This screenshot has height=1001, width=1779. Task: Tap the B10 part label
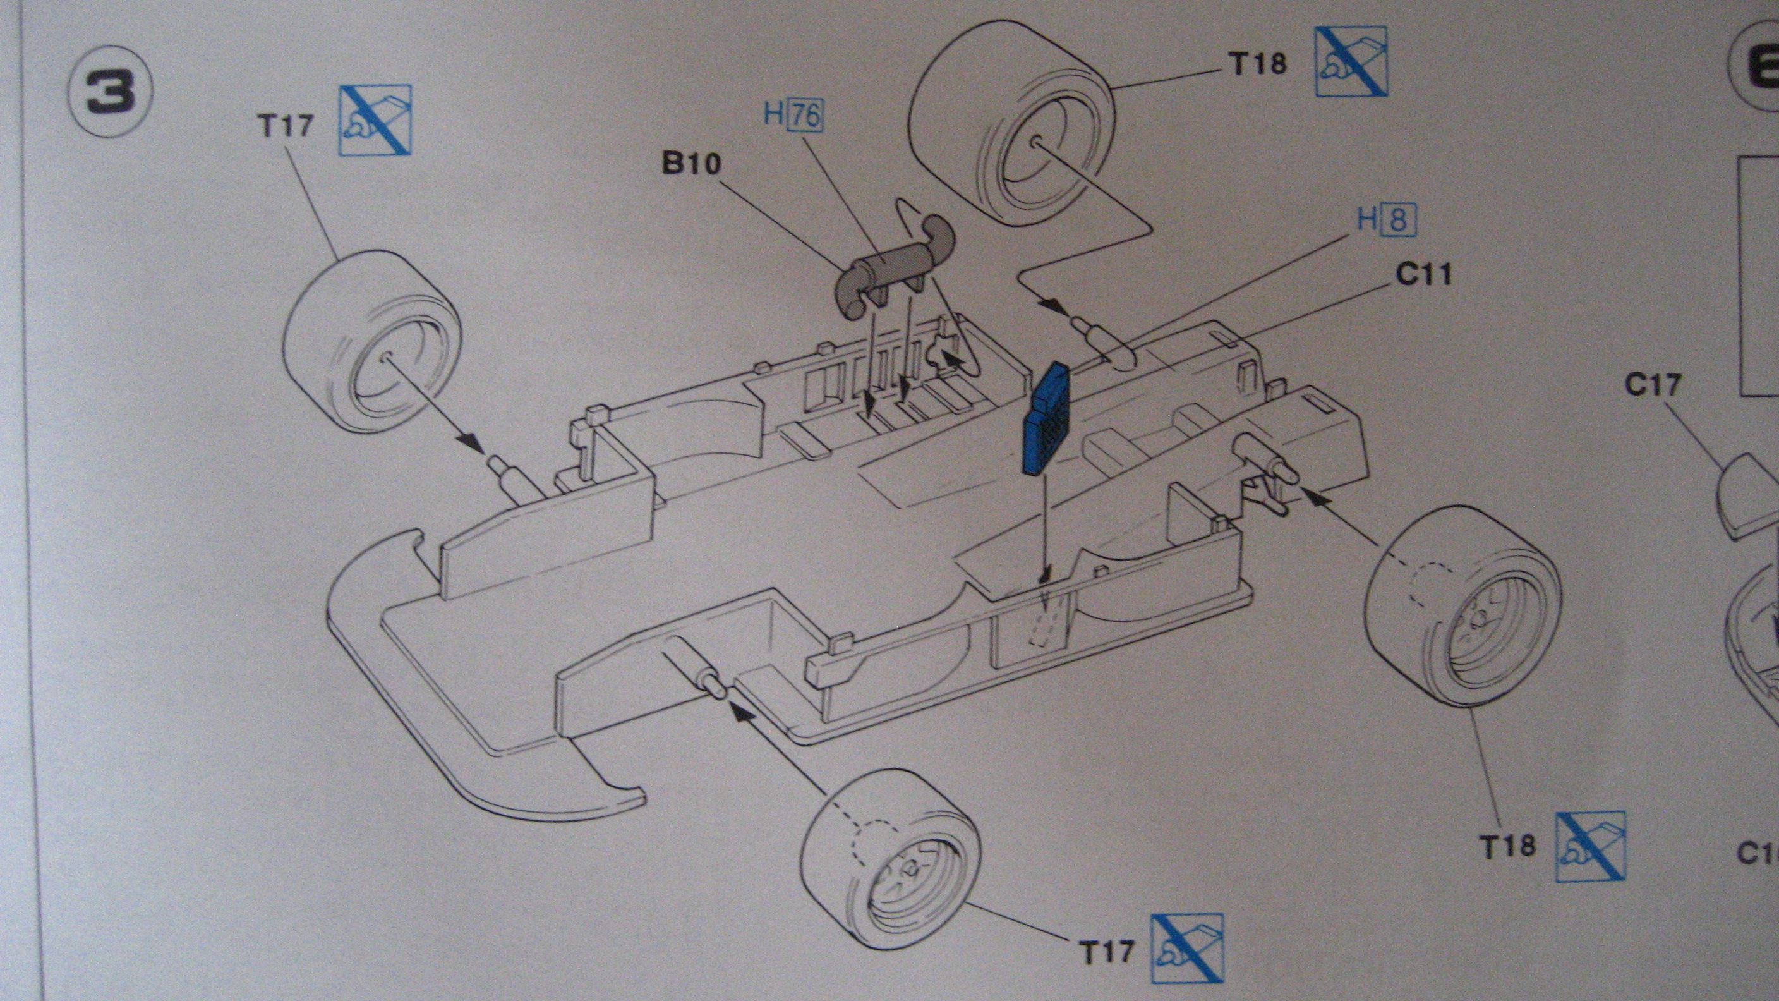tap(690, 164)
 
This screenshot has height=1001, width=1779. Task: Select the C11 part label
tap(1423, 274)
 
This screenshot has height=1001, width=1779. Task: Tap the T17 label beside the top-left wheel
tap(285, 126)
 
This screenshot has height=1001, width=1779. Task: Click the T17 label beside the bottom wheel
tap(1107, 952)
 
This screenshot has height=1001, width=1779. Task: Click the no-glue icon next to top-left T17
tap(377, 119)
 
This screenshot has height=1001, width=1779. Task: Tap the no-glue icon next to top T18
tap(1350, 61)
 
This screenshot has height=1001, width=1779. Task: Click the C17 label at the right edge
tap(1651, 384)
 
